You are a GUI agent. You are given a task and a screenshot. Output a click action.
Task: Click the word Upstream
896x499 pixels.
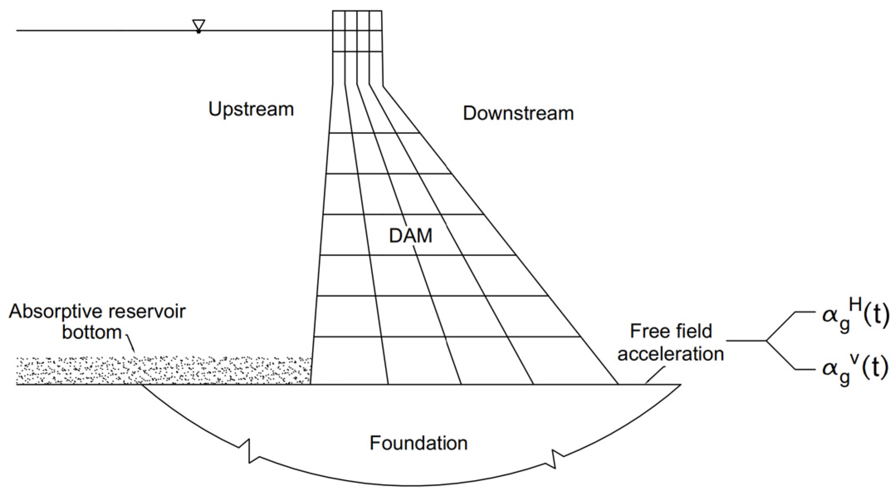point(251,110)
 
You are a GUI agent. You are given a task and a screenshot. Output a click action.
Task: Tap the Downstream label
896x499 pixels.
point(518,113)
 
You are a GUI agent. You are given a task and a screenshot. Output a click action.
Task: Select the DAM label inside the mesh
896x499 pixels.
point(410,236)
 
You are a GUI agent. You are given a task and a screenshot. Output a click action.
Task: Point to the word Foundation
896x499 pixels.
point(418,443)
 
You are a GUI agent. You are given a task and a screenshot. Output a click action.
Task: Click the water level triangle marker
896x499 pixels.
point(199,26)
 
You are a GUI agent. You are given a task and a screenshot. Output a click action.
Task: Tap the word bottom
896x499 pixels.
point(92,332)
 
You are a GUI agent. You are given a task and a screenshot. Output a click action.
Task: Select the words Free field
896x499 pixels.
point(671,331)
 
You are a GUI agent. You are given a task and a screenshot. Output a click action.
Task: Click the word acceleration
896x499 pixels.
point(671,354)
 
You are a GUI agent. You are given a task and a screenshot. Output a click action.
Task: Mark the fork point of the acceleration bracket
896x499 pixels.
point(766,341)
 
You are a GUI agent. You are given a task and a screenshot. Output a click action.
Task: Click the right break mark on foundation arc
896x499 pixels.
point(554,458)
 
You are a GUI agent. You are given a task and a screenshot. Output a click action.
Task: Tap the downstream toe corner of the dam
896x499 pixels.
point(618,384)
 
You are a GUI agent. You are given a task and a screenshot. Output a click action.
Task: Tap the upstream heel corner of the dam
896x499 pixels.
point(311,384)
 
